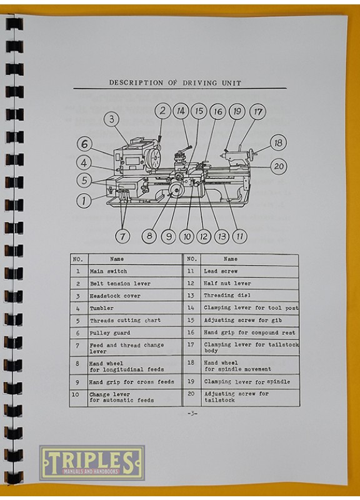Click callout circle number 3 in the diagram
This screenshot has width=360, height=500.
(111, 119)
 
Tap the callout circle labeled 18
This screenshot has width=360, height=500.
(279, 142)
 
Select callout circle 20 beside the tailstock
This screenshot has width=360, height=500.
(279, 166)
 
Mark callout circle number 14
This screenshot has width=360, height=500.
(181, 111)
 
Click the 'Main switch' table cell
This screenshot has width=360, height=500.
(108, 272)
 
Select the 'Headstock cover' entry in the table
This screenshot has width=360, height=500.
(115, 296)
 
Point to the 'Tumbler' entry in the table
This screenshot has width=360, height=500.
(102, 308)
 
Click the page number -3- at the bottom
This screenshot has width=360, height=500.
(192, 414)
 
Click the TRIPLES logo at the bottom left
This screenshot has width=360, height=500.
(92, 463)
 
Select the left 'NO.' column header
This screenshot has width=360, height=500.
(78, 259)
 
